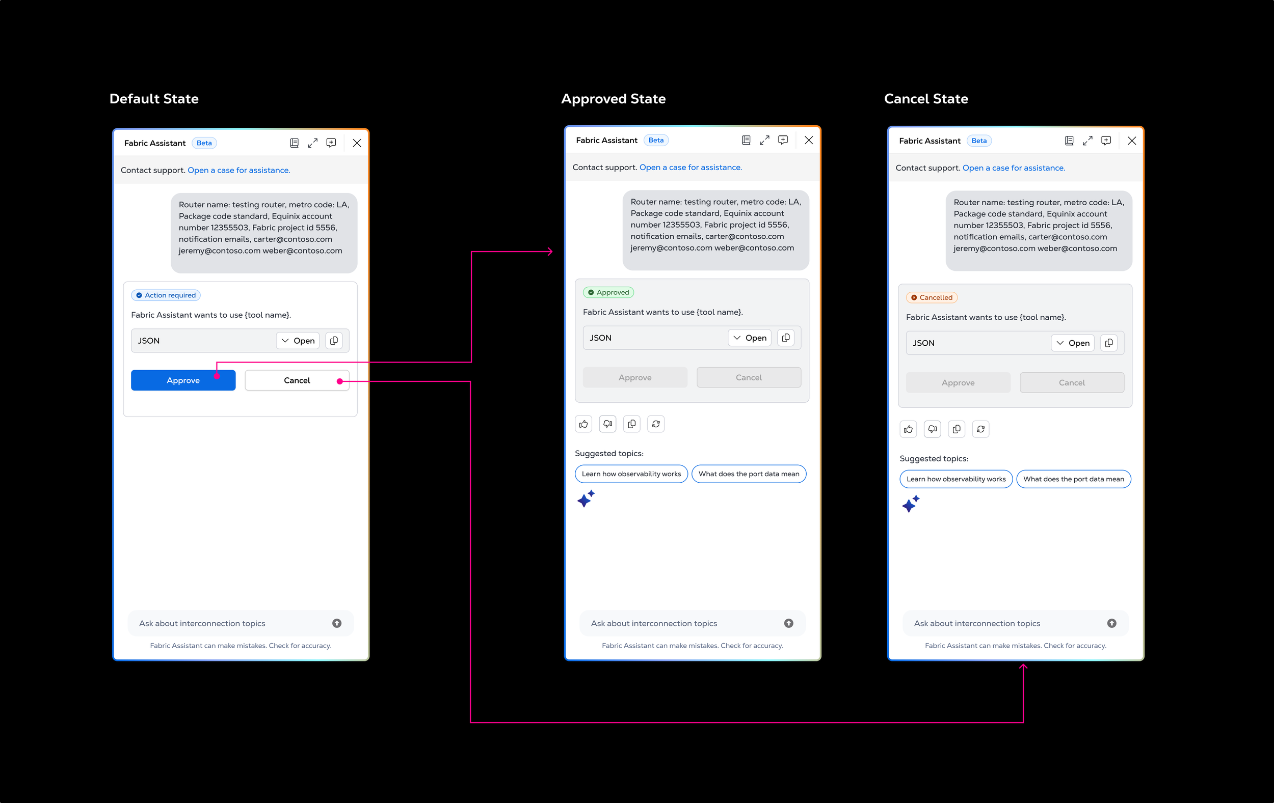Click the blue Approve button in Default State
click(183, 380)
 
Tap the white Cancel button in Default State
click(297, 380)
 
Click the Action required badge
click(166, 295)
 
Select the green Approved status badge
click(608, 292)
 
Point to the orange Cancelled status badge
click(932, 297)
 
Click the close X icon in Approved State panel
click(808, 140)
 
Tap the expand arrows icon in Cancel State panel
click(1087, 141)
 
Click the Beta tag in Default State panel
click(204, 143)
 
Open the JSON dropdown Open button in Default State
click(298, 341)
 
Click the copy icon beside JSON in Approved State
click(786, 338)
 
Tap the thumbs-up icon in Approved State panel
click(583, 424)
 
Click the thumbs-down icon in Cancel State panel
click(932, 429)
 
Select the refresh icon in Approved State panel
click(656, 424)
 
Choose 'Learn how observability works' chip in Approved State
click(631, 474)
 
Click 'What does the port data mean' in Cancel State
click(1074, 479)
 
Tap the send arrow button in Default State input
click(337, 623)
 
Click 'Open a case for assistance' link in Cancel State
click(1014, 168)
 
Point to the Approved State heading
click(613, 99)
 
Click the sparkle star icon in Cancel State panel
click(911, 504)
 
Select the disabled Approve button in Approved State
click(635, 377)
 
